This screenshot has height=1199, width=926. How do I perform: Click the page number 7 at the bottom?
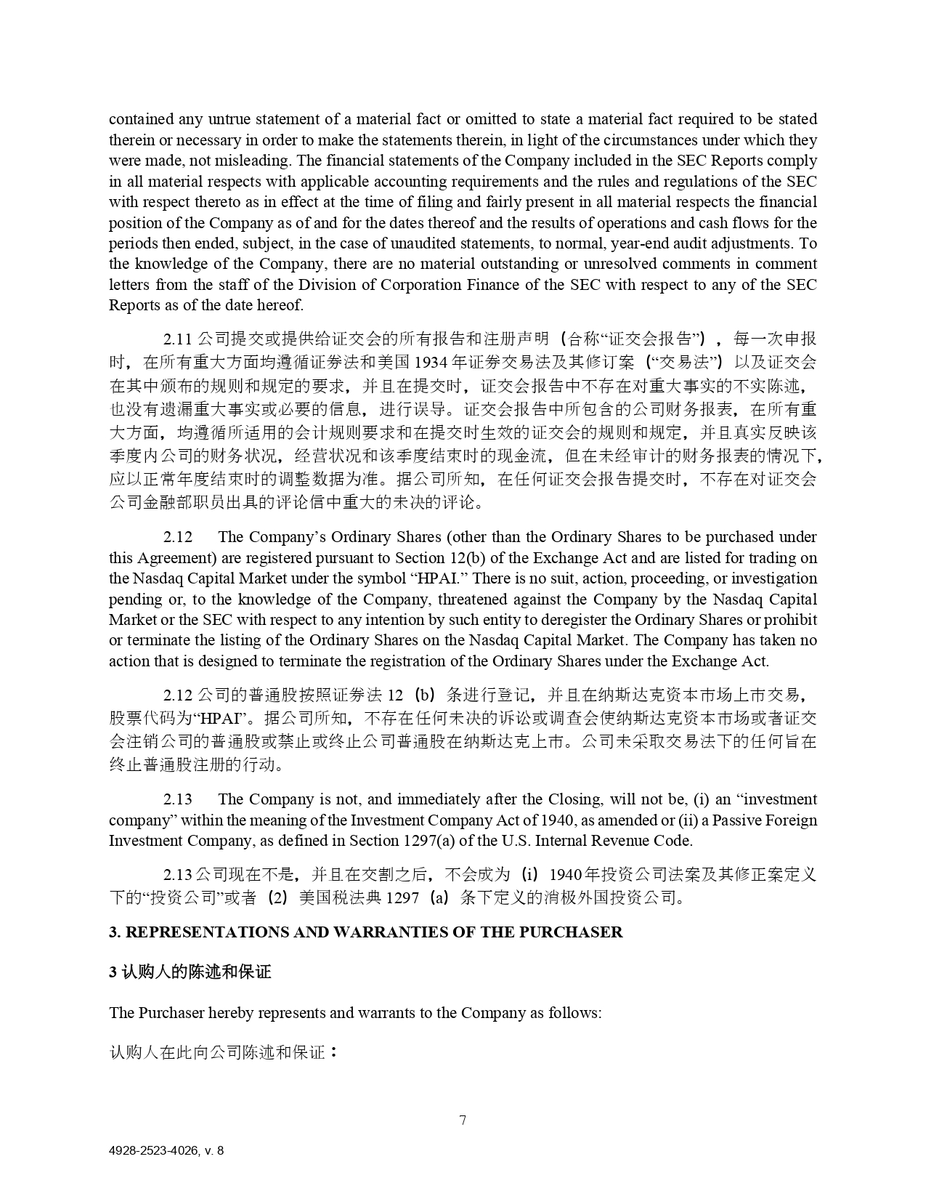[x=463, y=1120]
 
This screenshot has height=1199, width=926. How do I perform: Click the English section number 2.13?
[x=178, y=799]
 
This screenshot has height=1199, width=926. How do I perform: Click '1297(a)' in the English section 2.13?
[x=410, y=841]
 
